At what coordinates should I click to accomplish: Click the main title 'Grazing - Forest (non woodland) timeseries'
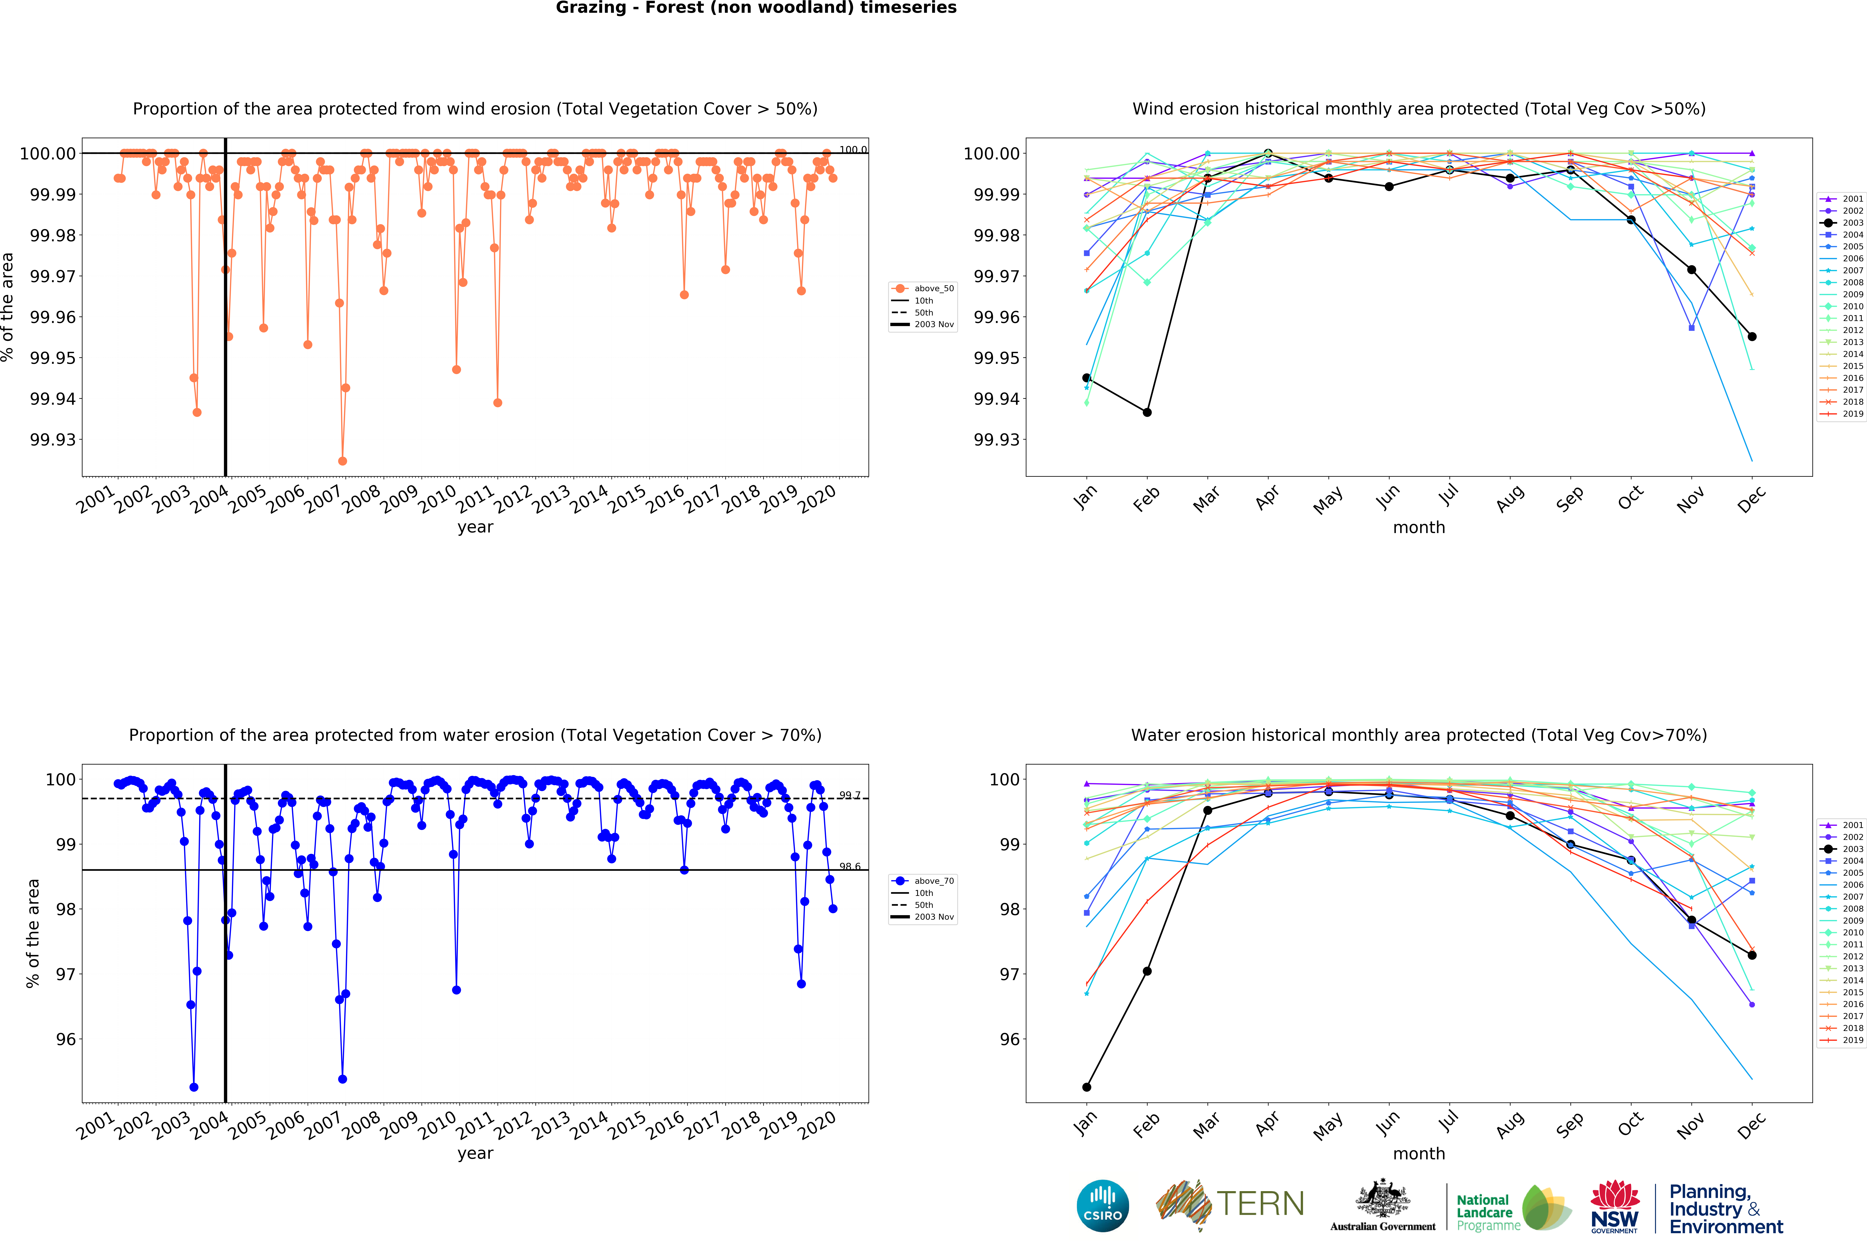click(756, 8)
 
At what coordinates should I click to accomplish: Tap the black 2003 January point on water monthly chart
click(1086, 1087)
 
